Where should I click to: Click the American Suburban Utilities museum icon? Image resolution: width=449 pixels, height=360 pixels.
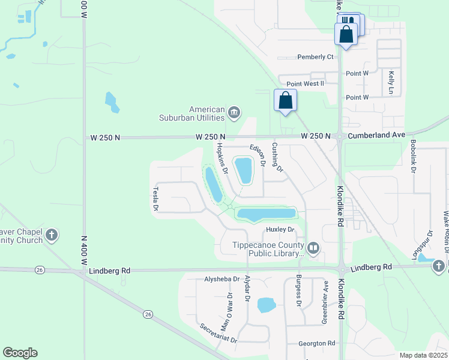click(234, 112)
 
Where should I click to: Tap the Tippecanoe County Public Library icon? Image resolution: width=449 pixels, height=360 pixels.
click(313, 248)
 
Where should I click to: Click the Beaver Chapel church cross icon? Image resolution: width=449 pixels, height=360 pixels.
click(52, 235)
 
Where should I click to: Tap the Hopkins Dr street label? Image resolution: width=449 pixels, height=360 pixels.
click(222, 158)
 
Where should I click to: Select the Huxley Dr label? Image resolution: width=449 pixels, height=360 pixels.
click(279, 230)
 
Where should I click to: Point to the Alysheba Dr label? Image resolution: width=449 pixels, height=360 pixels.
click(221, 280)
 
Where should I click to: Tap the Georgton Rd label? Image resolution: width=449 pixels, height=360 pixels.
click(316, 344)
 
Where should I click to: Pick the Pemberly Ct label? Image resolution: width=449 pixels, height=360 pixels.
click(315, 57)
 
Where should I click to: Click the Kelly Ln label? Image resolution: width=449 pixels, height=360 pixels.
click(391, 82)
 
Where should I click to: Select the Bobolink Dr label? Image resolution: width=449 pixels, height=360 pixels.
click(414, 158)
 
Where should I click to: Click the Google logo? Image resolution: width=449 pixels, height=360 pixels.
click(20, 353)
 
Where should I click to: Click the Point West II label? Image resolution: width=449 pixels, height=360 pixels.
click(305, 84)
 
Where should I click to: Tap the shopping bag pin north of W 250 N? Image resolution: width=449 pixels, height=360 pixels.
click(285, 100)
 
